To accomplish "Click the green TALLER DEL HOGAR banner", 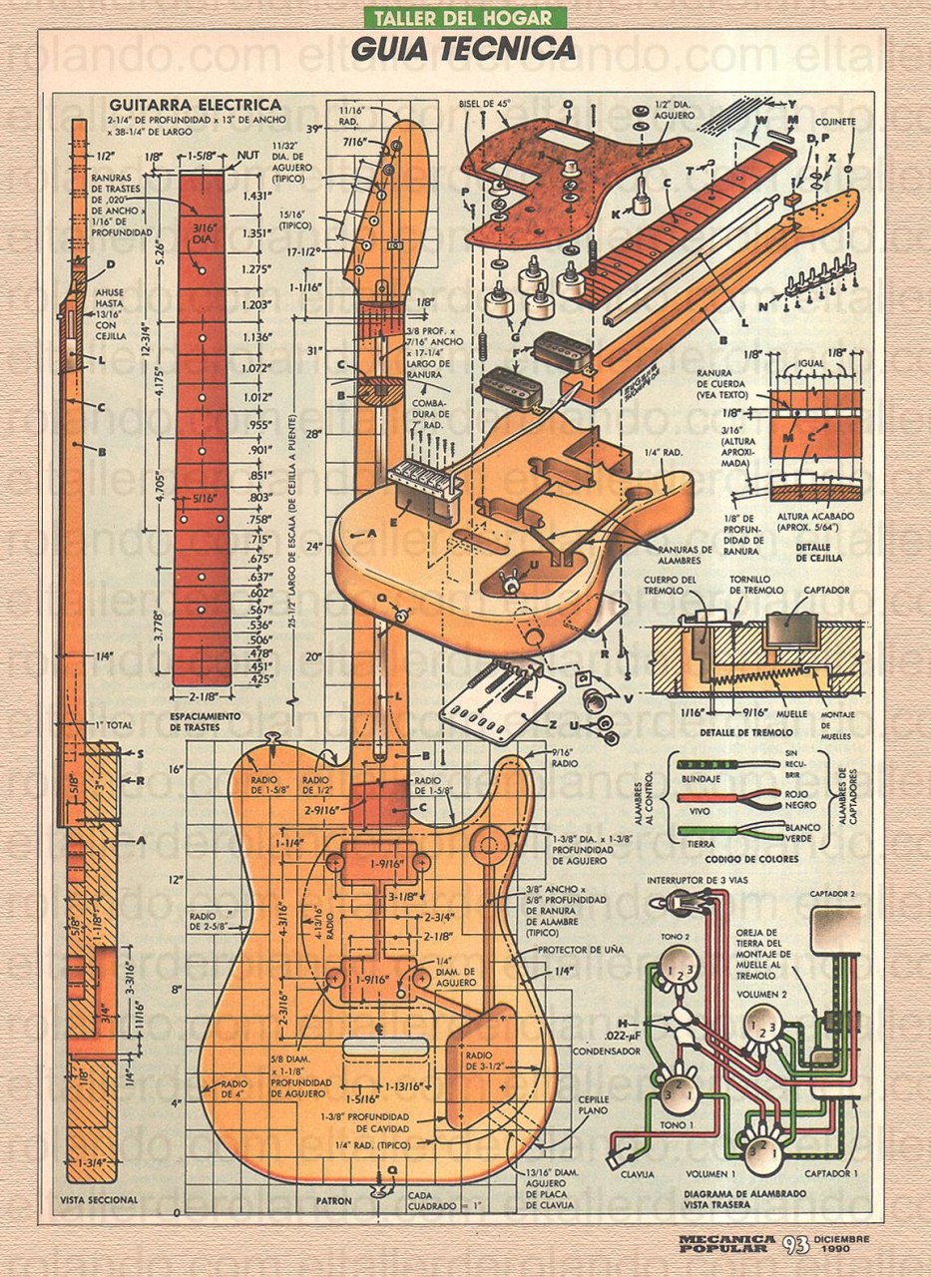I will [465, 18].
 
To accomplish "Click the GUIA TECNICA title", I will [464, 48].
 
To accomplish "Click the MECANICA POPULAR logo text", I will [726, 1243].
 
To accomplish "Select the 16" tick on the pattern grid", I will [176, 769].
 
